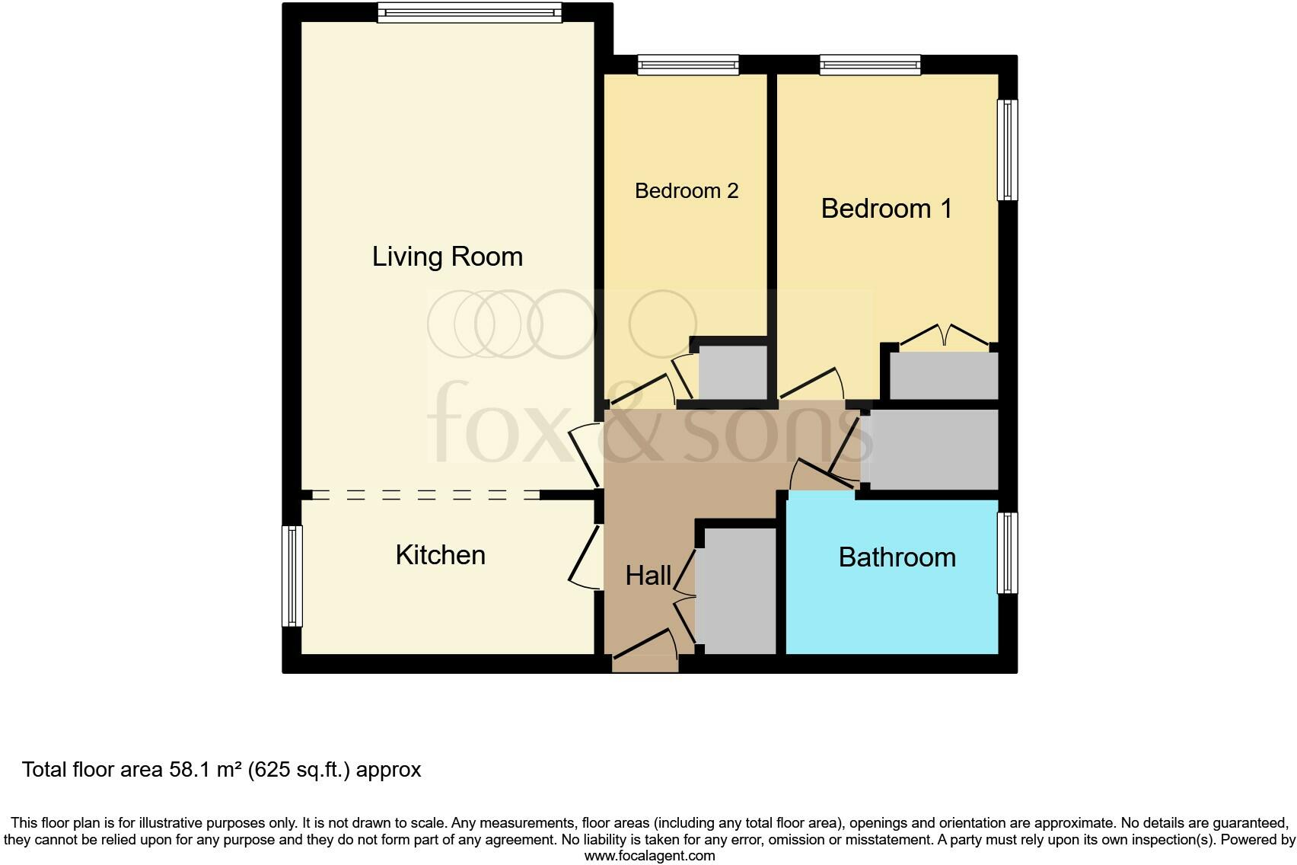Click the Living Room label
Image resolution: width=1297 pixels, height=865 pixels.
click(x=448, y=257)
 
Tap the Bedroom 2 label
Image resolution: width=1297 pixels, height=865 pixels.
click(x=687, y=190)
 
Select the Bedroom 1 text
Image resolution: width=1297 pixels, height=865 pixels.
click(x=887, y=209)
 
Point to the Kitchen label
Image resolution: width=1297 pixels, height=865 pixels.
click(x=441, y=555)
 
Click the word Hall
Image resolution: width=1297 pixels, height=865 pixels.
click(x=648, y=576)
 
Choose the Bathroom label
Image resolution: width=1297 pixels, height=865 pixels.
click(x=897, y=557)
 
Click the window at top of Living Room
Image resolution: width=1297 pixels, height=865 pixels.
click(x=470, y=12)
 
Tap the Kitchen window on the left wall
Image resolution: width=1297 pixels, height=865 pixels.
click(x=292, y=576)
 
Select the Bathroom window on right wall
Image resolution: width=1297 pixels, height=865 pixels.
click(x=1007, y=553)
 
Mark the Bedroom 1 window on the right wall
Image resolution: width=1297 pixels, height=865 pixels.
click(x=1007, y=149)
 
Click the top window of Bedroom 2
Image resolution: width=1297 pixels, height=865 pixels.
click(x=688, y=65)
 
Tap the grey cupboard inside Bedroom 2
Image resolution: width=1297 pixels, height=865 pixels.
click(x=732, y=372)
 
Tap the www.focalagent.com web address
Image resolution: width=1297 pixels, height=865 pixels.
click(x=649, y=856)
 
